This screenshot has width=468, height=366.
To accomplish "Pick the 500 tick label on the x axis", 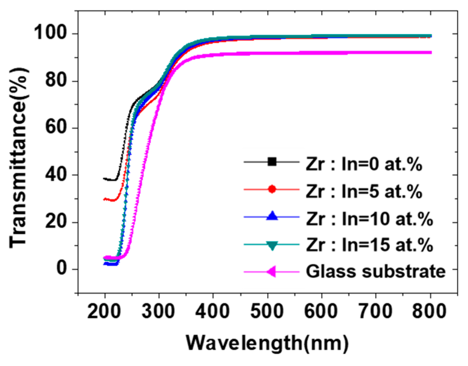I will (x=267, y=311).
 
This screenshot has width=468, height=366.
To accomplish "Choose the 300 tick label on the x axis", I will (x=159, y=311).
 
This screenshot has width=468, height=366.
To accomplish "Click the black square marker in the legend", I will (x=272, y=162).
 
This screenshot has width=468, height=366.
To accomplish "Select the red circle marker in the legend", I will (x=272, y=189).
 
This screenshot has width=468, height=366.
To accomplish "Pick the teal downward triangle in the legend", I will (x=272, y=245).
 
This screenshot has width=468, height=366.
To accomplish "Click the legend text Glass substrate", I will (x=376, y=271).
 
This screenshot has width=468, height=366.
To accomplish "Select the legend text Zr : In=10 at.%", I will (x=369, y=218).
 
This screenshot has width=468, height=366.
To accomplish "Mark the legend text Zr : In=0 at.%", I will (x=364, y=164).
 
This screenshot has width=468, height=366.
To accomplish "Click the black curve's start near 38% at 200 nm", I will (x=104, y=178).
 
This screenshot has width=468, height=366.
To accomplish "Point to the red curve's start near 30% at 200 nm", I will (x=104, y=199).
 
